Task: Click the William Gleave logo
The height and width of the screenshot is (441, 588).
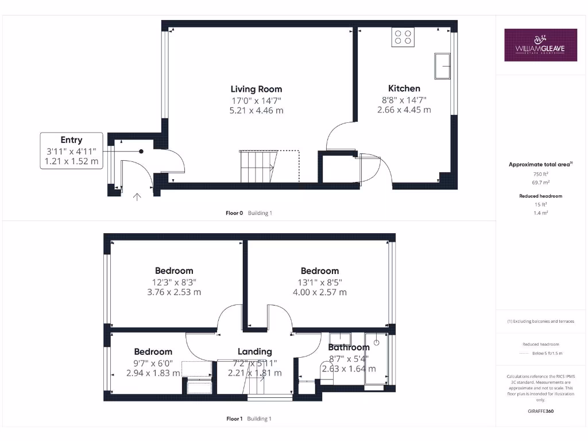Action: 540,45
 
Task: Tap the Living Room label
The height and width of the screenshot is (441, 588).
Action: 257,89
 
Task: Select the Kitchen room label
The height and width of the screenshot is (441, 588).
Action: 404,88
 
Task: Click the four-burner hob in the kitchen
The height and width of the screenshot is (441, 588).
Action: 404,37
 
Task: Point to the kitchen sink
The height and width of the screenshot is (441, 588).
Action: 443,66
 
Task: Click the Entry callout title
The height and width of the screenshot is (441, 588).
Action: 71,140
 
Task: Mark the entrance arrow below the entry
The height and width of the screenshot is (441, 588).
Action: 137,197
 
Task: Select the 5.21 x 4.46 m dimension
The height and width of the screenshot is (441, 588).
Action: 256,110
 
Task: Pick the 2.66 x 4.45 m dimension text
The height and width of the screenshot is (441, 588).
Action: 404,109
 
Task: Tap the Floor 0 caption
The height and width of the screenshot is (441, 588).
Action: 235,213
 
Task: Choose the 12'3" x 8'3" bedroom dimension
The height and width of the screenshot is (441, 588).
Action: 174,282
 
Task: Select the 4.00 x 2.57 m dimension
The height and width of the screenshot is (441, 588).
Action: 320,292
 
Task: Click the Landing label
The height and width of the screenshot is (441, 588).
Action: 255,351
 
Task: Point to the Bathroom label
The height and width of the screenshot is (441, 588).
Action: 349,347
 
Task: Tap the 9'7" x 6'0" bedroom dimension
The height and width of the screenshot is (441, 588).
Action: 153,362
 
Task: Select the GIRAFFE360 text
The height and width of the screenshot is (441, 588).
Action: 540,411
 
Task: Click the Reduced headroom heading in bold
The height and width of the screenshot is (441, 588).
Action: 540,196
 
